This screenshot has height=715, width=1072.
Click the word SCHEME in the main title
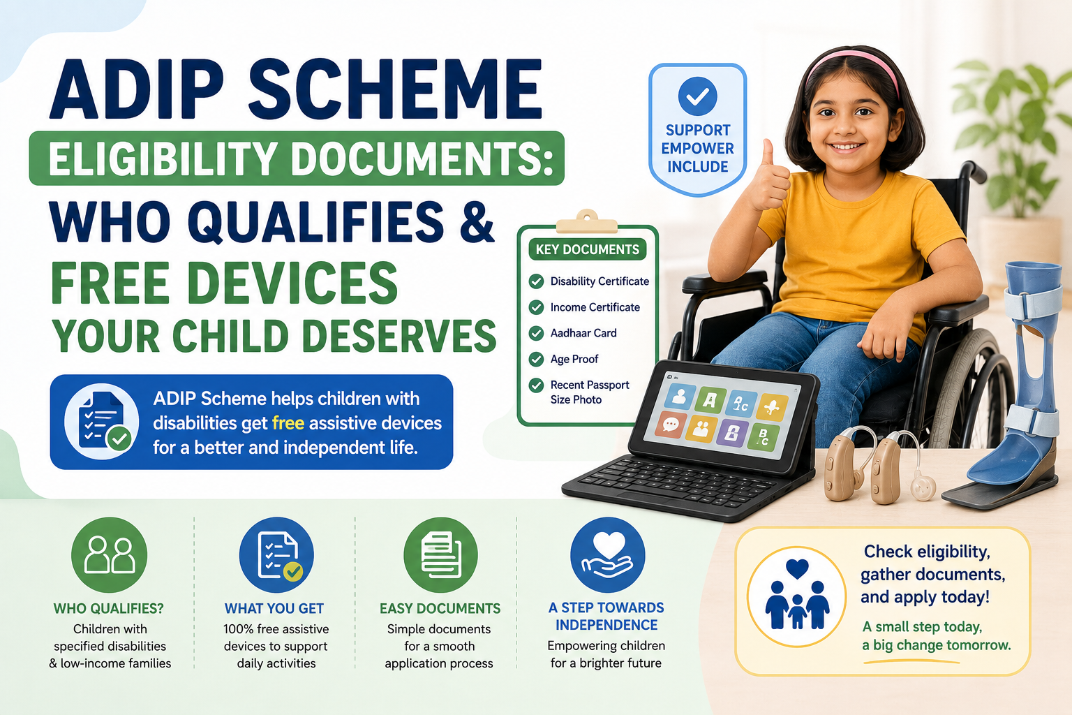[395, 89]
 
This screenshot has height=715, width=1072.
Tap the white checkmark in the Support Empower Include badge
[697, 97]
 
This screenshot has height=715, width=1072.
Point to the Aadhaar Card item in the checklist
[583, 333]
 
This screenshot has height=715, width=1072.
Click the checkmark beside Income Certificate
[536, 307]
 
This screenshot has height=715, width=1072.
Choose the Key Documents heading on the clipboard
[587, 249]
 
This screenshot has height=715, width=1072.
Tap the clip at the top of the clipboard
[587, 222]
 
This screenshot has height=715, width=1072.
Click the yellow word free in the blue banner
[288, 423]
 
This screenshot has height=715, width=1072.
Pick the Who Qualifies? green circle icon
[109, 555]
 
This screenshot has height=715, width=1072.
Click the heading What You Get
[274, 608]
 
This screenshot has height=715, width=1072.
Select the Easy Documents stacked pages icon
[441, 554]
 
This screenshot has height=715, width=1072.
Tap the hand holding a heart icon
[607, 554]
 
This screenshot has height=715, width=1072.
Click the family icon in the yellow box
[797, 596]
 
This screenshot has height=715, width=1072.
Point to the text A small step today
[922, 627]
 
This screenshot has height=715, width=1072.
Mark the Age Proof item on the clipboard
[574, 359]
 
